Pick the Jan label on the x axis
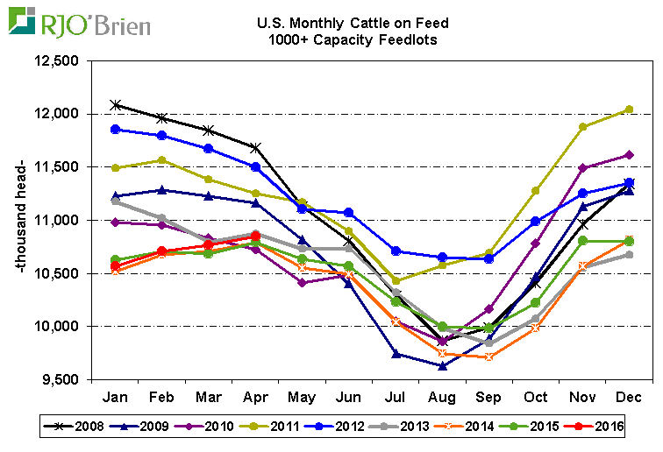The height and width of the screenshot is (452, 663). click(x=115, y=396)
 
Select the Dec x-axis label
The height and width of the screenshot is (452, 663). click(x=631, y=396)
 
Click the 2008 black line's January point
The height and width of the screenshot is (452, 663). click(x=115, y=105)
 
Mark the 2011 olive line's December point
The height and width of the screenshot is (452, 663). click(x=631, y=109)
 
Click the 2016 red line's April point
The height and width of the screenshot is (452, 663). click(x=255, y=237)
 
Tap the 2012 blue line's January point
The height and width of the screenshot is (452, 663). click(x=115, y=130)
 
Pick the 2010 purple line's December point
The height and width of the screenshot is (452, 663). click(x=631, y=155)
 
